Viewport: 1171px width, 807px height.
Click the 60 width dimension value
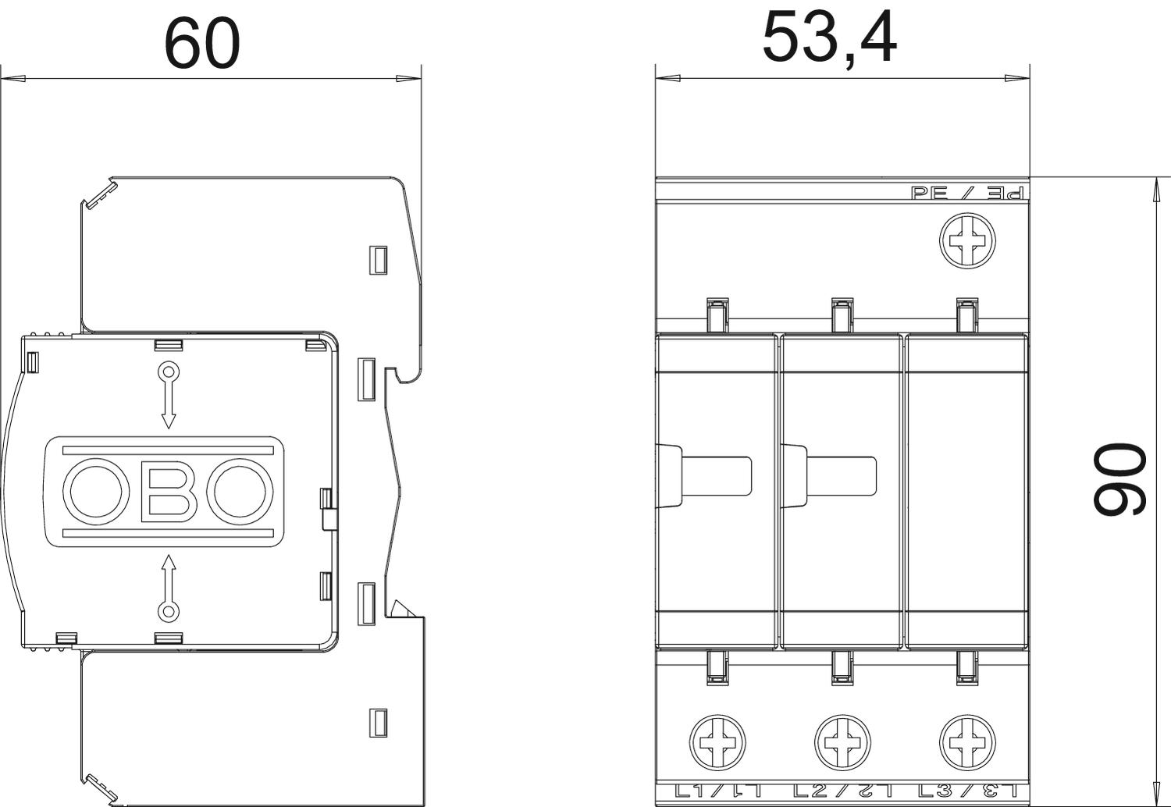[x=201, y=44]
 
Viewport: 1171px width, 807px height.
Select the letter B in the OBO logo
[x=169, y=492]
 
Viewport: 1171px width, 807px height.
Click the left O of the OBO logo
[x=96, y=492]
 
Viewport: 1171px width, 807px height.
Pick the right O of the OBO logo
[x=240, y=492]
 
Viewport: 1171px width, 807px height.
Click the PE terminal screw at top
[x=967, y=241]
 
